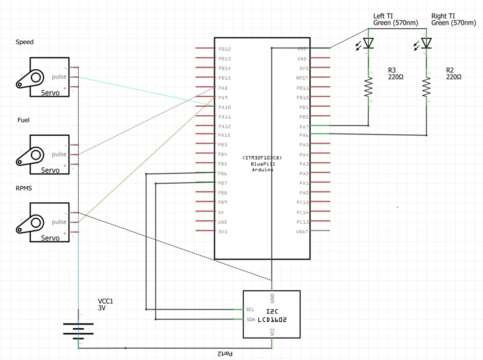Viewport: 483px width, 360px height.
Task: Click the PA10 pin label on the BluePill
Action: [224, 108]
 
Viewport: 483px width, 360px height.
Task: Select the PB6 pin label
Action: [223, 174]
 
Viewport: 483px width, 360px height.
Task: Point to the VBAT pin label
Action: [302, 231]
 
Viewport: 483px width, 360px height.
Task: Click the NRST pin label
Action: [302, 78]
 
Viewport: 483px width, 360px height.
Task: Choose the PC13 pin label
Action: [302, 222]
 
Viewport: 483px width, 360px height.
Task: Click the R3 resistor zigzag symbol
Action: [368, 87]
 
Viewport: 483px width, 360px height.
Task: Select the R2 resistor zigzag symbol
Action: [427, 87]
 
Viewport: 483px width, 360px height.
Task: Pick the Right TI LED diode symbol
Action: [426, 43]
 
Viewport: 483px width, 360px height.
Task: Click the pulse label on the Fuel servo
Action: [59, 154]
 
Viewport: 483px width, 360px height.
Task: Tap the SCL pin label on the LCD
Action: [249, 309]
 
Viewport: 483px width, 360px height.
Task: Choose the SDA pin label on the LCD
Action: [250, 319]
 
